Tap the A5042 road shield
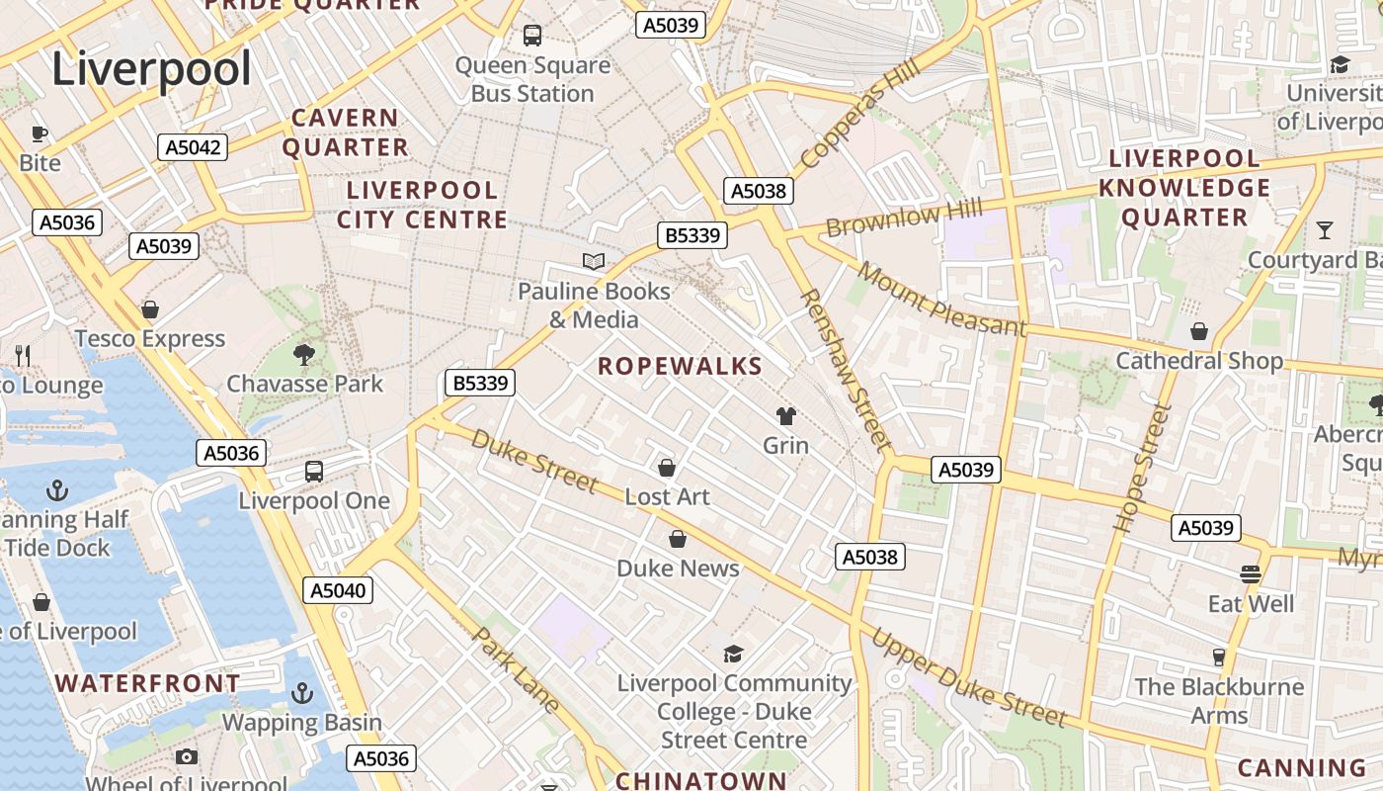coord(193,147)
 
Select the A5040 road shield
coord(338,591)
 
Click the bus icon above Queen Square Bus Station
coord(532,36)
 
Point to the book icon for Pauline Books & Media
coord(593,261)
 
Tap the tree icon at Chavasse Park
coord(304,354)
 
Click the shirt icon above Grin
coord(786,416)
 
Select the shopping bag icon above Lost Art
coord(667,468)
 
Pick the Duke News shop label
coord(678,569)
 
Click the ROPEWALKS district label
coord(680,366)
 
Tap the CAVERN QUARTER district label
coord(345,132)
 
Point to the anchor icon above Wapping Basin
coord(302,693)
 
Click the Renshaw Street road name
coord(845,370)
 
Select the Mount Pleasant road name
coord(941,299)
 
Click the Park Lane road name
coord(518,669)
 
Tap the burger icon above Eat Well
coord(1251,574)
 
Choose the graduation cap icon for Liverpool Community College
coord(733,654)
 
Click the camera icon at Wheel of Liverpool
coord(187,757)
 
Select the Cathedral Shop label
coord(1199,361)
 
